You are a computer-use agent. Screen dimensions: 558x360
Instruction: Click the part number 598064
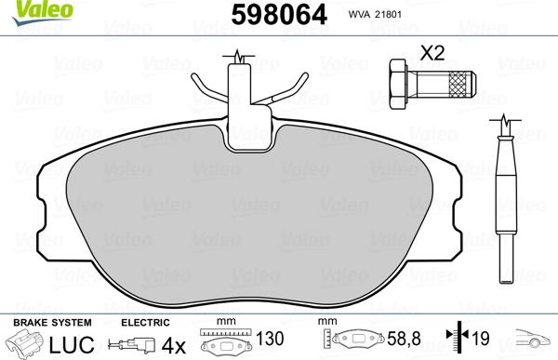click(279, 15)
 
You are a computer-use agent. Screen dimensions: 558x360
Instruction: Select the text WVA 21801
click(375, 15)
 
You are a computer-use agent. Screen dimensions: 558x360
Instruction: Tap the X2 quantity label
click(432, 53)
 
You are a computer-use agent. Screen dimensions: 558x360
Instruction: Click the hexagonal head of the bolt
click(398, 84)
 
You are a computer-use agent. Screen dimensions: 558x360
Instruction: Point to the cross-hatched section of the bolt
click(459, 84)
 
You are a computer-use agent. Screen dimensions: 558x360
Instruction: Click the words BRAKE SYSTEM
click(52, 323)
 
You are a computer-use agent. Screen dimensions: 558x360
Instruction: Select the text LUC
click(72, 344)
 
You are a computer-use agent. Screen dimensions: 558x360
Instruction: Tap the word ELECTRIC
click(145, 323)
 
